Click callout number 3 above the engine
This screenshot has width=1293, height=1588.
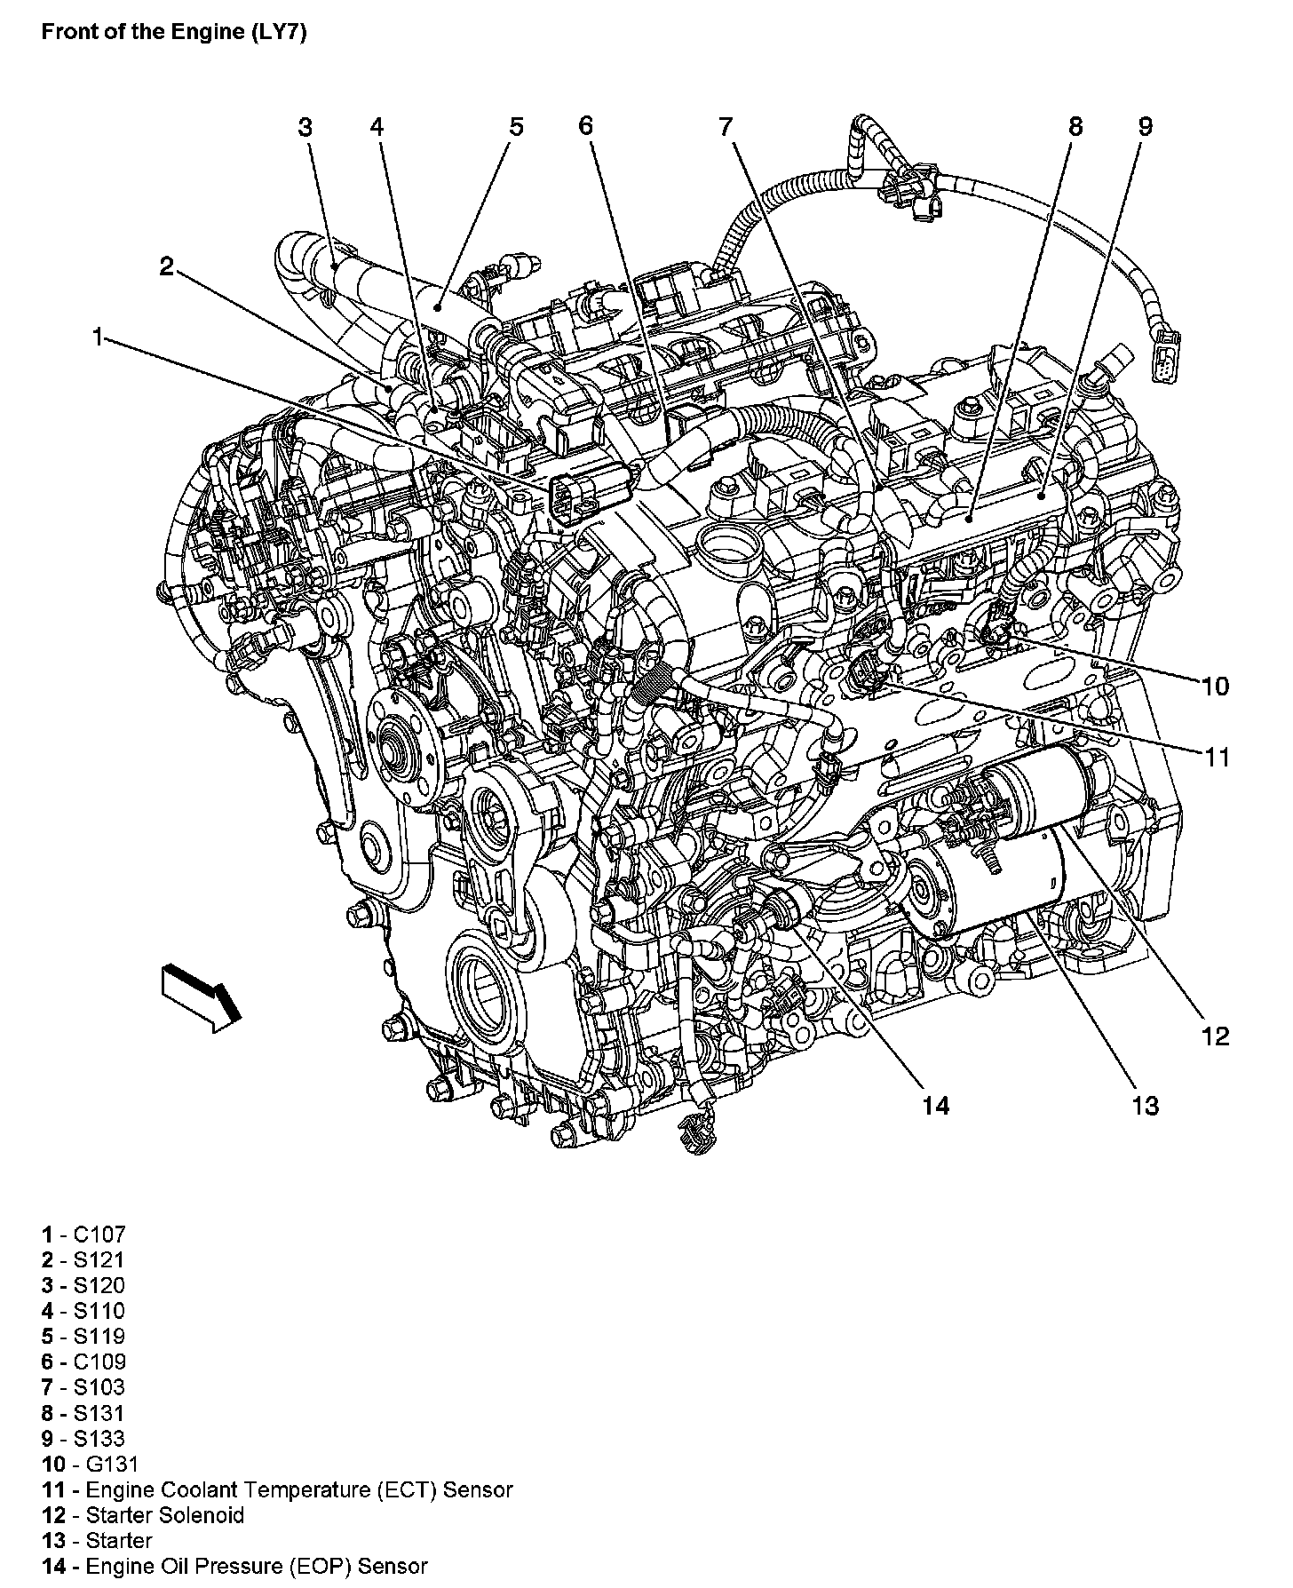pyautogui.click(x=305, y=127)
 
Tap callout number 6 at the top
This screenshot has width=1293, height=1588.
pyautogui.click(x=584, y=126)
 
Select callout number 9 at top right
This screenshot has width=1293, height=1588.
pyautogui.click(x=1145, y=127)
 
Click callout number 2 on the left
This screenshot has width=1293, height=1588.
pyautogui.click(x=166, y=266)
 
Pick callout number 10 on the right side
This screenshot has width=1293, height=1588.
pyautogui.click(x=1215, y=687)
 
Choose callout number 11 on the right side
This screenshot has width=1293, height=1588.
pyautogui.click(x=1216, y=758)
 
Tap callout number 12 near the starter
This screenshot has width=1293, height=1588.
pyautogui.click(x=1215, y=1036)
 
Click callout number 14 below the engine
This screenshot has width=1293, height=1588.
pyautogui.click(x=936, y=1106)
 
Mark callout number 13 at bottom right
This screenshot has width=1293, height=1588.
pyautogui.click(x=1145, y=1106)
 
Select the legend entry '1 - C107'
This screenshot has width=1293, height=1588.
pyautogui.click(x=83, y=1234)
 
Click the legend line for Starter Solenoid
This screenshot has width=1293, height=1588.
pyautogui.click(x=142, y=1515)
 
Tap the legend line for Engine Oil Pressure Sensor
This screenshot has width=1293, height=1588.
pyautogui.click(x=234, y=1567)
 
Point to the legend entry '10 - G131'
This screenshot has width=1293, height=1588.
pyautogui.click(x=90, y=1464)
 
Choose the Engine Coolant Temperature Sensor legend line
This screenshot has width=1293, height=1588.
pyautogui.click(x=277, y=1489)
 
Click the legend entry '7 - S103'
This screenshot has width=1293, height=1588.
pyautogui.click(x=83, y=1387)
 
